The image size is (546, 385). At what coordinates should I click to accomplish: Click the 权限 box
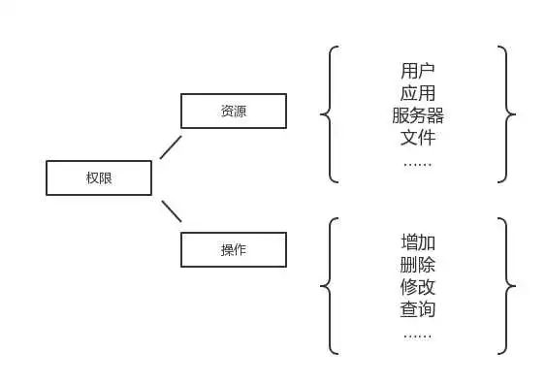click(99, 177)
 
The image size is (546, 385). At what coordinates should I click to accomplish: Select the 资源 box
click(234, 111)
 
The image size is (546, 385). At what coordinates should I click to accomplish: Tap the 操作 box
click(234, 249)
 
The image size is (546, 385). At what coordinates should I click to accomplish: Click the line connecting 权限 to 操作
click(171, 211)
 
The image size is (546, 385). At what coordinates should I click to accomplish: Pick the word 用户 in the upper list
click(417, 71)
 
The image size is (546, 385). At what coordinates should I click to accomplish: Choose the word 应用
click(417, 93)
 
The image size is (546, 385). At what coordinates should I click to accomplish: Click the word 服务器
click(417, 115)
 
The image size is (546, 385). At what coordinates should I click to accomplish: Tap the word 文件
click(417, 137)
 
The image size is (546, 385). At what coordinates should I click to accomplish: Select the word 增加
click(417, 242)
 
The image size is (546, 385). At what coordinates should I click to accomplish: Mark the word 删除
click(417, 265)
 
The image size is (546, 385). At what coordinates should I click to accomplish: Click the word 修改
click(417, 287)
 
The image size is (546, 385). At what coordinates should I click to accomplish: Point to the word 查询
click(417, 309)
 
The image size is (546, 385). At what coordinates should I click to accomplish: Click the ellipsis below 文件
click(417, 160)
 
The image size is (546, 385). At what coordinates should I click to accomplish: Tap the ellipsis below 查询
click(417, 334)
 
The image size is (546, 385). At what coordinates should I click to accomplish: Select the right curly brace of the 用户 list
click(506, 114)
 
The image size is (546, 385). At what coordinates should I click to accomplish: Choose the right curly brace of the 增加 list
click(506, 286)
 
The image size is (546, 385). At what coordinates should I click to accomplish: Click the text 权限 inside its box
click(99, 177)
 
